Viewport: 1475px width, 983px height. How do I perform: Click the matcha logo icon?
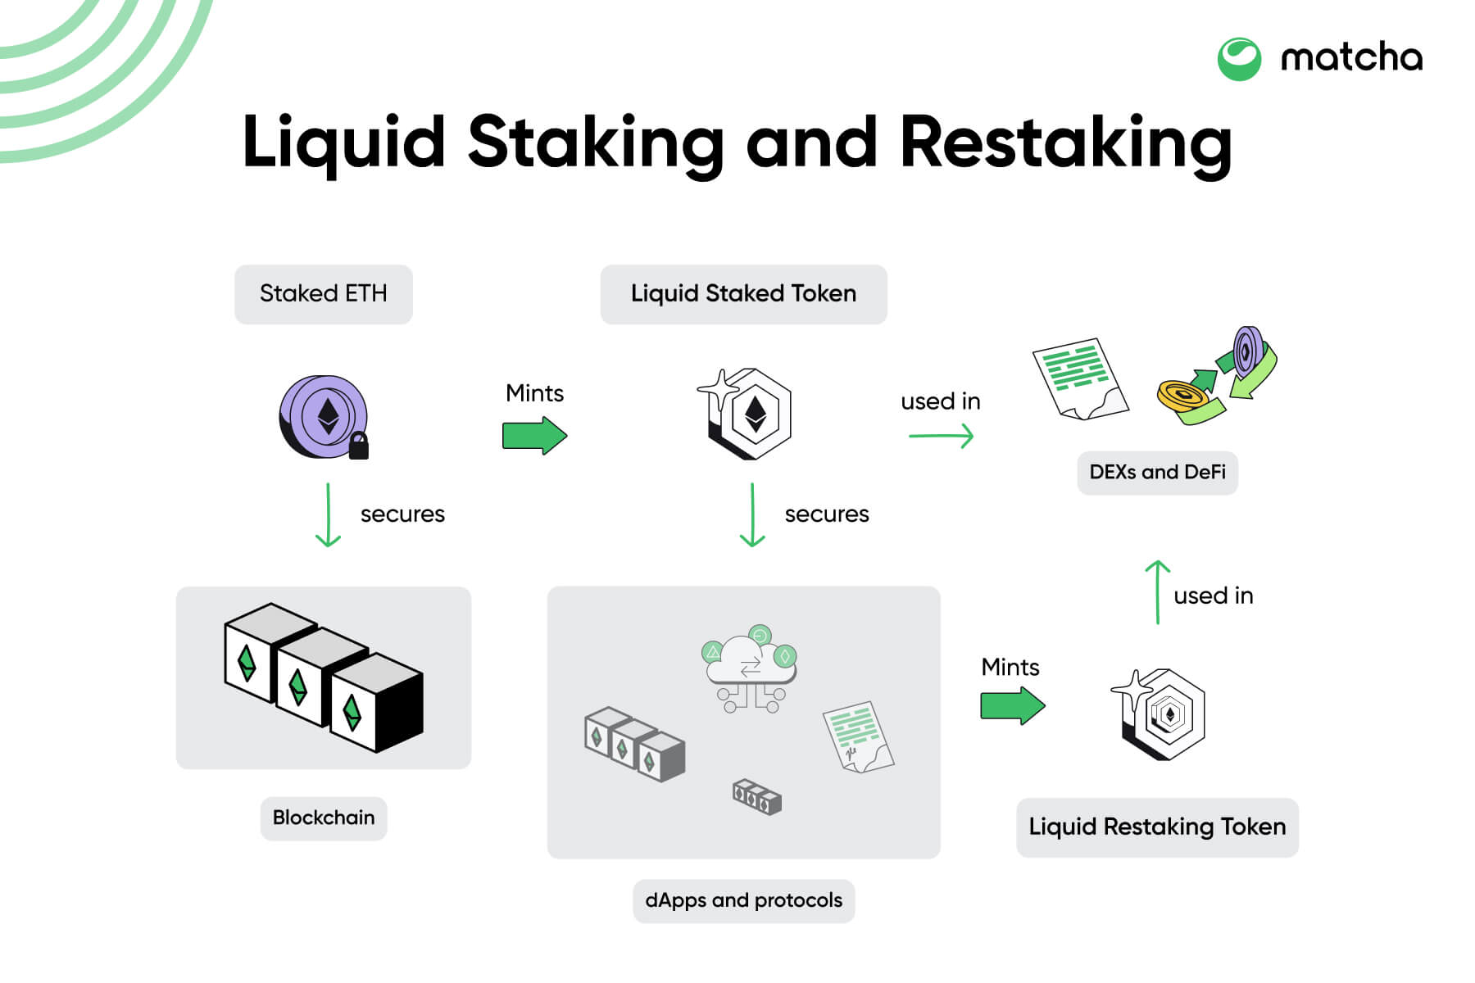pos(1238,59)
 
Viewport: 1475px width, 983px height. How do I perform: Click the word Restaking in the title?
pos(1064,143)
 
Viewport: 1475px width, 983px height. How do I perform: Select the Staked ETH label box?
pos(323,294)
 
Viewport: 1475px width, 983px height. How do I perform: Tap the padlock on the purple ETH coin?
pos(358,446)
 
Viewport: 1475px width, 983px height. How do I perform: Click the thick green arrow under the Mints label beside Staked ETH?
pos(533,435)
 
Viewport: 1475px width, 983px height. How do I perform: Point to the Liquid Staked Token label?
pos(743,294)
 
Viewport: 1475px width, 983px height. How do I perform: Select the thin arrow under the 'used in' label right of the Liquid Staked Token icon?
pos(941,436)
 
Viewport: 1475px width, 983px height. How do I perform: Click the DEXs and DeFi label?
pos(1156,473)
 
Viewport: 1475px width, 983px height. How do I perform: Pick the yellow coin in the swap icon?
pos(1182,396)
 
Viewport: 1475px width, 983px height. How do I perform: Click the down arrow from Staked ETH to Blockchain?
pos(328,515)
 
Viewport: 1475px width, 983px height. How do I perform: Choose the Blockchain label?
pos(323,818)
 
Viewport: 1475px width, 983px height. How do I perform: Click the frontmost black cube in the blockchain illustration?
pos(377,704)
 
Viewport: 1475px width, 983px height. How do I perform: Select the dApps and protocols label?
pos(743,901)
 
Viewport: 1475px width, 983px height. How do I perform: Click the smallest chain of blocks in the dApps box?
pos(756,796)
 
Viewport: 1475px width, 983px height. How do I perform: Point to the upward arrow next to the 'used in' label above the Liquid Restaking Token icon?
pos(1157,592)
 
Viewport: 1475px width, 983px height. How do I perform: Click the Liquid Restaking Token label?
pos(1156,827)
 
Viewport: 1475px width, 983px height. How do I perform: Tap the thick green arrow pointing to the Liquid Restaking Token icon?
pos(1012,705)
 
